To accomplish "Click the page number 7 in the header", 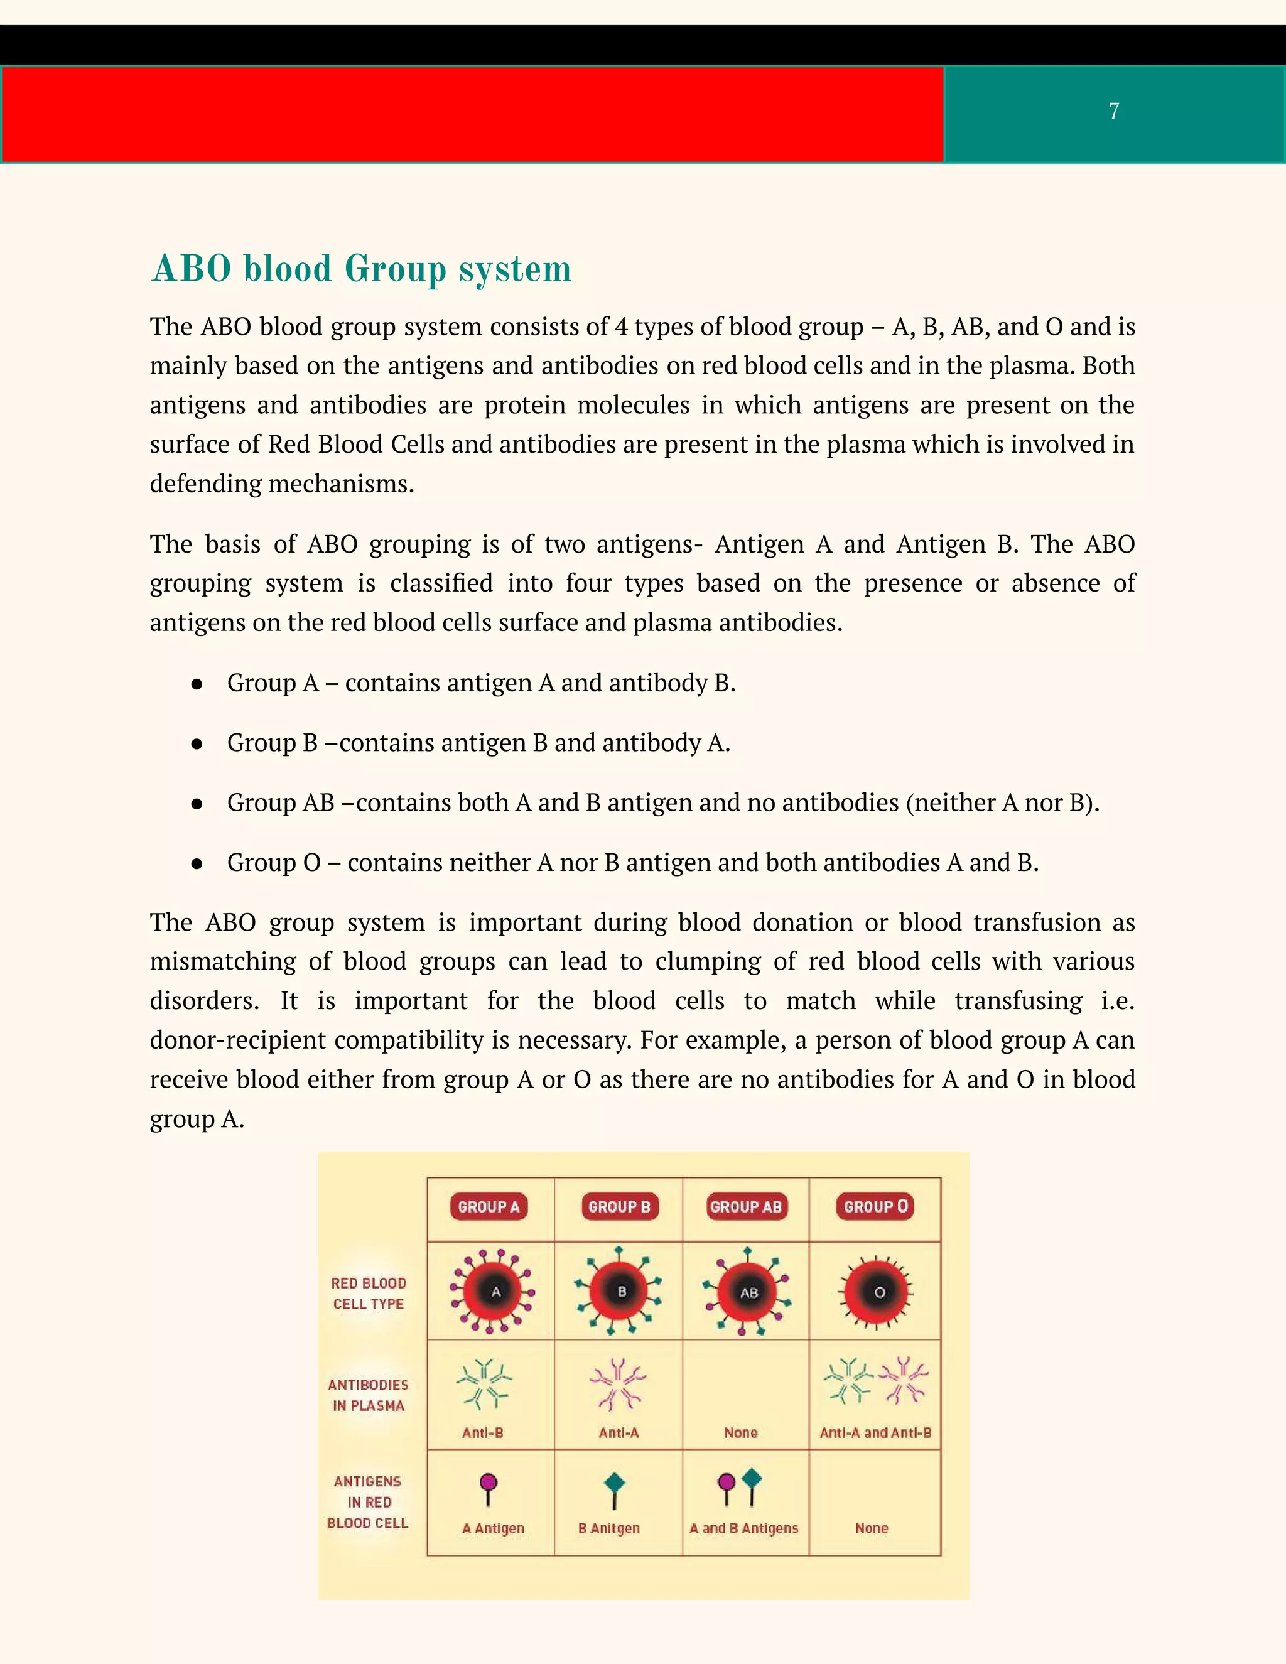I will tap(1114, 111).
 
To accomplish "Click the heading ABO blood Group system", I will tap(362, 269).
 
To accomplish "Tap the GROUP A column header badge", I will tap(489, 1207).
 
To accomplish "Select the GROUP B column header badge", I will tap(619, 1207).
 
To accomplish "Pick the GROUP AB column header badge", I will tap(746, 1207).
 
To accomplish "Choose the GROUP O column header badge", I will tap(875, 1207).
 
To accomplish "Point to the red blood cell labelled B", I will tap(621, 1292).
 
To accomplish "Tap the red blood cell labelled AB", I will tap(748, 1292).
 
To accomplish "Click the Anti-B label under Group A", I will tap(482, 1433).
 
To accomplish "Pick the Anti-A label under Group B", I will tap(619, 1433).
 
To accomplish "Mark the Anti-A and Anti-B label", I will tap(875, 1433).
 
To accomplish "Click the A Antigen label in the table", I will tap(493, 1528).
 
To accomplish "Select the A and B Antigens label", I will tap(743, 1528).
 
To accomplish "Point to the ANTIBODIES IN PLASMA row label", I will tap(368, 1395).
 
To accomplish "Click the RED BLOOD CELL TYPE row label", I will tap(368, 1294).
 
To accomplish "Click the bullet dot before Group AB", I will tap(197, 804).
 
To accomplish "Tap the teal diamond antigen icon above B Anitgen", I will tap(614, 1483).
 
